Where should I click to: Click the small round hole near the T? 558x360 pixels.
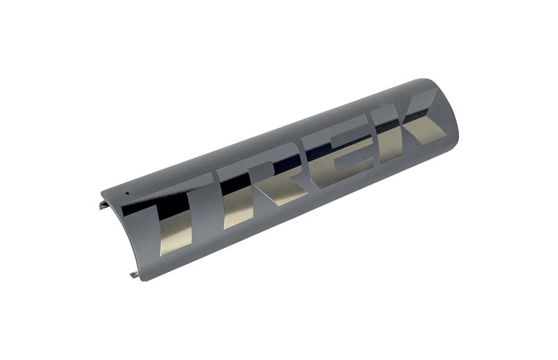tap(128, 189)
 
